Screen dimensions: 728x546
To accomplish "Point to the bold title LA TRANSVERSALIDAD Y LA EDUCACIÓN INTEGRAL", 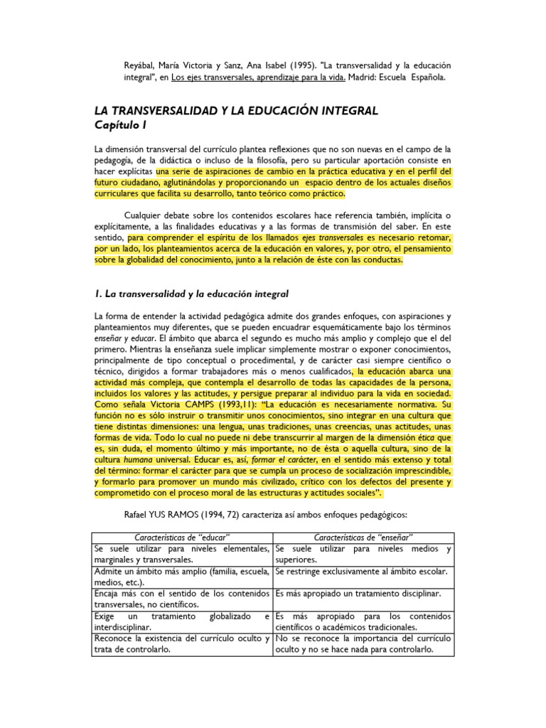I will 236,111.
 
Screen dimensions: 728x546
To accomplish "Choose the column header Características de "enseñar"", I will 363,535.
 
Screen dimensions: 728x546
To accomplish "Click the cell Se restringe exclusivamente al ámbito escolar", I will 360,571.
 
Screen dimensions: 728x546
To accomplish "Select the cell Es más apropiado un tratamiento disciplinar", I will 358,593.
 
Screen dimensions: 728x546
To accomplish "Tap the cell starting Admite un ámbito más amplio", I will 182,576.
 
